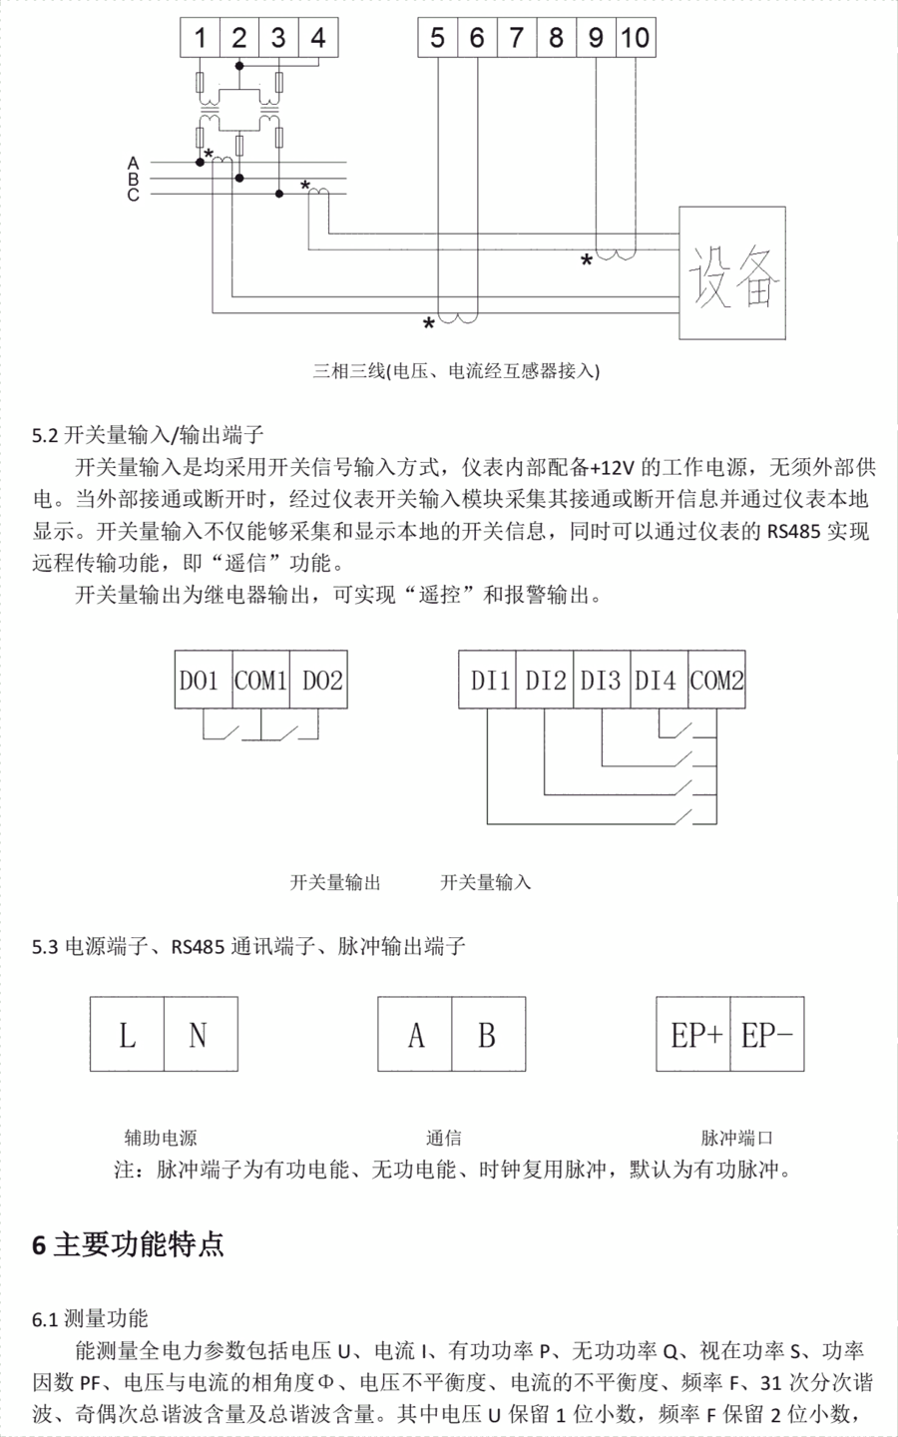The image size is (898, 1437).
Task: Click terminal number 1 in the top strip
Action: [200, 38]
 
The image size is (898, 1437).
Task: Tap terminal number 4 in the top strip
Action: [317, 38]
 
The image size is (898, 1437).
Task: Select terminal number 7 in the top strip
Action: [516, 38]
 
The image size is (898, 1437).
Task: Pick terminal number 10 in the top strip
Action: [635, 38]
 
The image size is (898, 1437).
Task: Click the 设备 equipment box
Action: [733, 272]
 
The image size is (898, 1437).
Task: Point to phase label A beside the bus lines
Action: [133, 163]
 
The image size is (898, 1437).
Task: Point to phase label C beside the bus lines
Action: [133, 196]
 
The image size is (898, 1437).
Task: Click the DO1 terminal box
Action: [204, 681]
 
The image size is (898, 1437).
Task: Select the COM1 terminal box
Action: [260, 681]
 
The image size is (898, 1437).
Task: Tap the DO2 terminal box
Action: [319, 681]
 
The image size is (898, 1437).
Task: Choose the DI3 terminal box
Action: [601, 681]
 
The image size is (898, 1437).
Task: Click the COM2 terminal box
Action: [717, 681]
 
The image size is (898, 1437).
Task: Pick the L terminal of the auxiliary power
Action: [127, 1034]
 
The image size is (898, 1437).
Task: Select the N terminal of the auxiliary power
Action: [199, 1034]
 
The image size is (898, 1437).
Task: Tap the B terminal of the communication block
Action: [487, 1034]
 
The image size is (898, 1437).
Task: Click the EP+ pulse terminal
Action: [694, 1034]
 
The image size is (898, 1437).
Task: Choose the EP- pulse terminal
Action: [766, 1034]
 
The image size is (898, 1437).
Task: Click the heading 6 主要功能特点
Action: [129, 1244]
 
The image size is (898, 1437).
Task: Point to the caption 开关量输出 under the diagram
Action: [335, 882]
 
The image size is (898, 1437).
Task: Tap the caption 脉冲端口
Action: [737, 1138]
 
